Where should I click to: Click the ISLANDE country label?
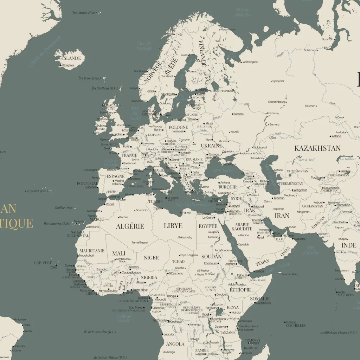tap(72, 58)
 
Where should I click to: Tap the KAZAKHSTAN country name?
tap(317, 148)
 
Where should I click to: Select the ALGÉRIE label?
tap(130, 226)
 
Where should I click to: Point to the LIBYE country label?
tap(173, 226)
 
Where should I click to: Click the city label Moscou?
tap(239, 114)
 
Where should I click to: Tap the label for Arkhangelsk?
tap(251, 62)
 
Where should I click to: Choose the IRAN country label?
tap(282, 216)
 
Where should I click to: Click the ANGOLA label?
tap(175, 344)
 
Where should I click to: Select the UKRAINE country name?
tap(211, 146)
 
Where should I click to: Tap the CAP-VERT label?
tap(43, 263)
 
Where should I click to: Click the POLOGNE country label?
tap(178, 127)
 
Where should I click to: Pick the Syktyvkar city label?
tap(278, 81)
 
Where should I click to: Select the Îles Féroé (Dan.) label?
tap(90, 78)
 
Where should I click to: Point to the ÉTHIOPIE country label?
tap(240, 290)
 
